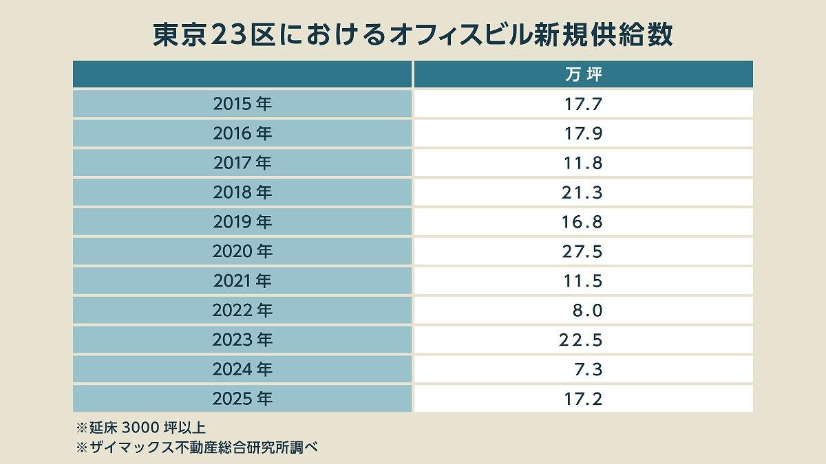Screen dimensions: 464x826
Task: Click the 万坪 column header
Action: (x=583, y=74)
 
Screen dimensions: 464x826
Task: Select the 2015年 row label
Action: (x=242, y=104)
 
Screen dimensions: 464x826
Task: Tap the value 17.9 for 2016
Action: (x=583, y=133)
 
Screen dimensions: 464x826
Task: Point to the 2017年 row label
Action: (x=242, y=163)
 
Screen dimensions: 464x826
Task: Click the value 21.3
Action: (x=582, y=192)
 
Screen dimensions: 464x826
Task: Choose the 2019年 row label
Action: (x=242, y=222)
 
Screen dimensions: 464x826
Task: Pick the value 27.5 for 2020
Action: (x=582, y=252)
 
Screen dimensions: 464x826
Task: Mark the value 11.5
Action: (x=582, y=281)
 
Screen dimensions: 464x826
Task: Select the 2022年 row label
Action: (x=242, y=311)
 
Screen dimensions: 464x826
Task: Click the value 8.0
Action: (x=587, y=311)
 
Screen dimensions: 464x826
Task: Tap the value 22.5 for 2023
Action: (x=582, y=340)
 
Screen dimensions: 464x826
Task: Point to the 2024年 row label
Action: (x=242, y=370)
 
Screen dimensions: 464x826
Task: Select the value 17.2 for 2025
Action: (x=582, y=399)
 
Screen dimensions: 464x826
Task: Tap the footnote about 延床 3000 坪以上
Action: (x=140, y=427)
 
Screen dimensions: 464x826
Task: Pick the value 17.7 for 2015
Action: (x=583, y=104)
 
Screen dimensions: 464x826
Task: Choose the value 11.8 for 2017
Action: (x=583, y=163)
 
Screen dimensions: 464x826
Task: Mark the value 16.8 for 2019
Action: (x=582, y=222)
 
